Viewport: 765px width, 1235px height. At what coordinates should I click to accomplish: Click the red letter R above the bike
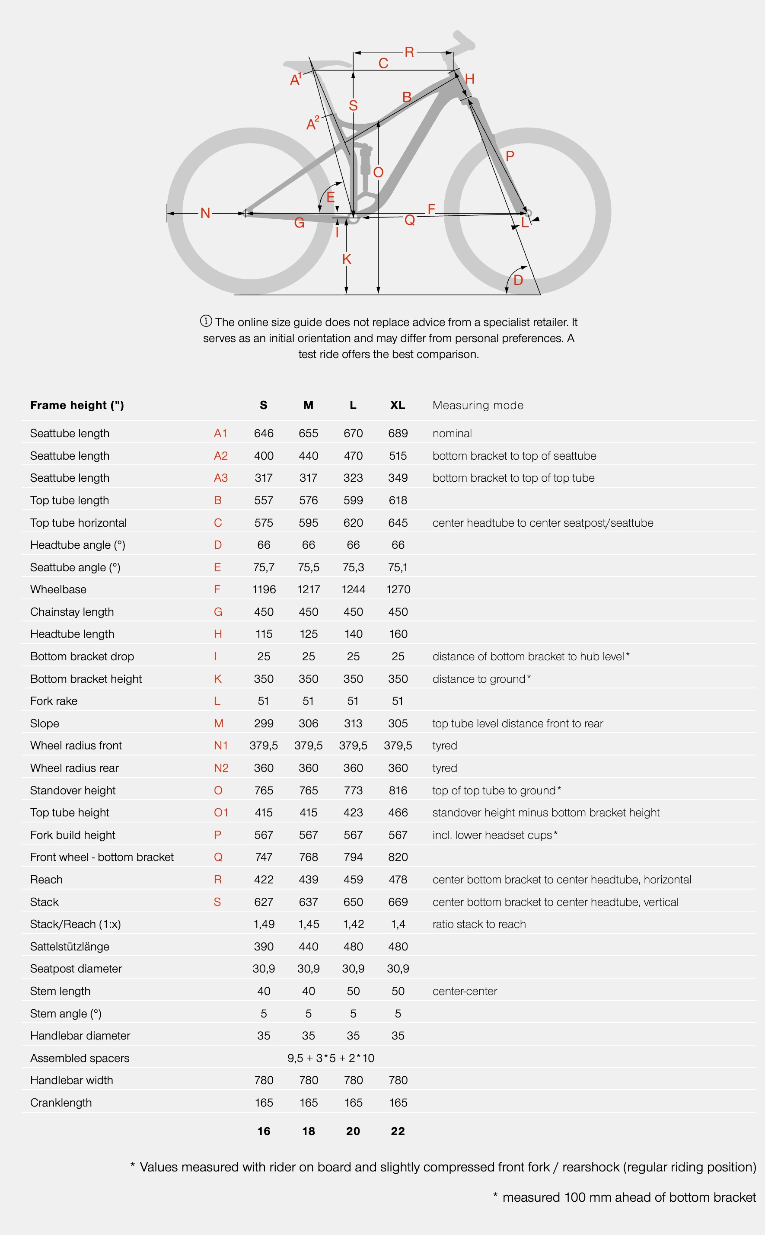[x=409, y=52]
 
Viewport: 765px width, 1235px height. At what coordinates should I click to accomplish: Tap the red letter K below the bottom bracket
[x=347, y=259]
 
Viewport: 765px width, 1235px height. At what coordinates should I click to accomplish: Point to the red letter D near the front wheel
[x=518, y=280]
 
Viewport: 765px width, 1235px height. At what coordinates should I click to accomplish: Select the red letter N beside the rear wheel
[x=205, y=213]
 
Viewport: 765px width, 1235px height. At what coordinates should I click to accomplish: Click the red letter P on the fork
[x=510, y=156]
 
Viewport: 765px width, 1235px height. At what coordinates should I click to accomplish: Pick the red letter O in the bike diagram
[x=378, y=173]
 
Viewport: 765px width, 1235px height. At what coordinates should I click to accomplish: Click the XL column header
[x=398, y=405]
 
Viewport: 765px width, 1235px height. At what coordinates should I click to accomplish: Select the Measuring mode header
[x=478, y=405]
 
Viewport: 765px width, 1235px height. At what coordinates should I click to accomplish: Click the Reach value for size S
[x=264, y=879]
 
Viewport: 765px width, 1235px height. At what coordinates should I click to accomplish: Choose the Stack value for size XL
[x=398, y=902]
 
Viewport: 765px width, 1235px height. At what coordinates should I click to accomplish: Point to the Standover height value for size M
[x=308, y=790]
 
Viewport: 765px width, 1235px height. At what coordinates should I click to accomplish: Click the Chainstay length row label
[x=72, y=611]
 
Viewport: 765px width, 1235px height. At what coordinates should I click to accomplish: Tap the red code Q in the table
[x=218, y=857]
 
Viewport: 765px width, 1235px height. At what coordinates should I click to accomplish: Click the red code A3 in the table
[x=220, y=478]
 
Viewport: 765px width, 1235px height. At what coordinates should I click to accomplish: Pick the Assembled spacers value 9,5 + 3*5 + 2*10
[x=331, y=1058]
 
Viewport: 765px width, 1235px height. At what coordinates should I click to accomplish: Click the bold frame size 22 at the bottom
[x=398, y=1131]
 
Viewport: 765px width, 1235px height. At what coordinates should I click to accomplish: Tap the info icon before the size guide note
[x=206, y=321]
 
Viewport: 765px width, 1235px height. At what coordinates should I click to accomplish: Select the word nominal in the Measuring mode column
[x=452, y=433]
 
